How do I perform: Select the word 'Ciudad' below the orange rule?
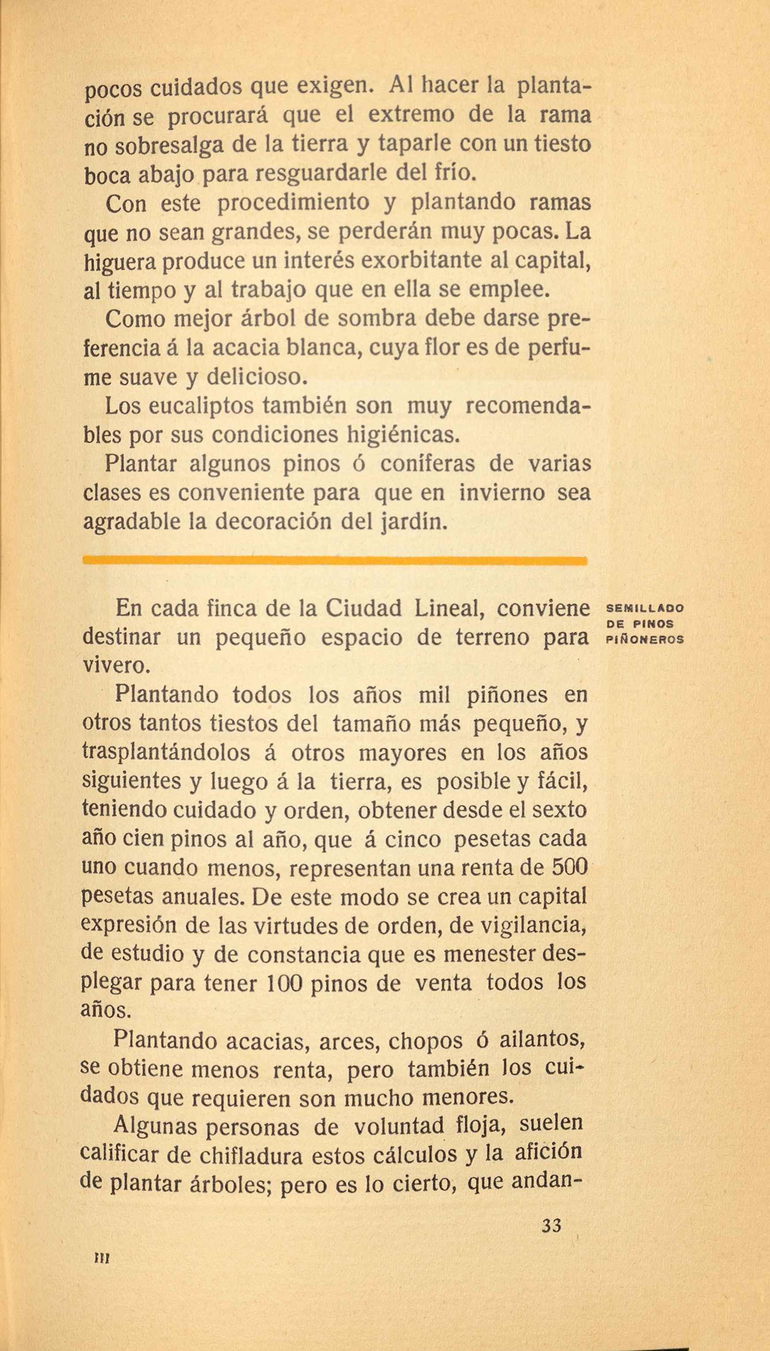coord(365,608)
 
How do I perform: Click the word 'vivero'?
coord(117,666)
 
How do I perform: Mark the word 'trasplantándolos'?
coord(166,753)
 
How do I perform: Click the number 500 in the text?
coord(569,867)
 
